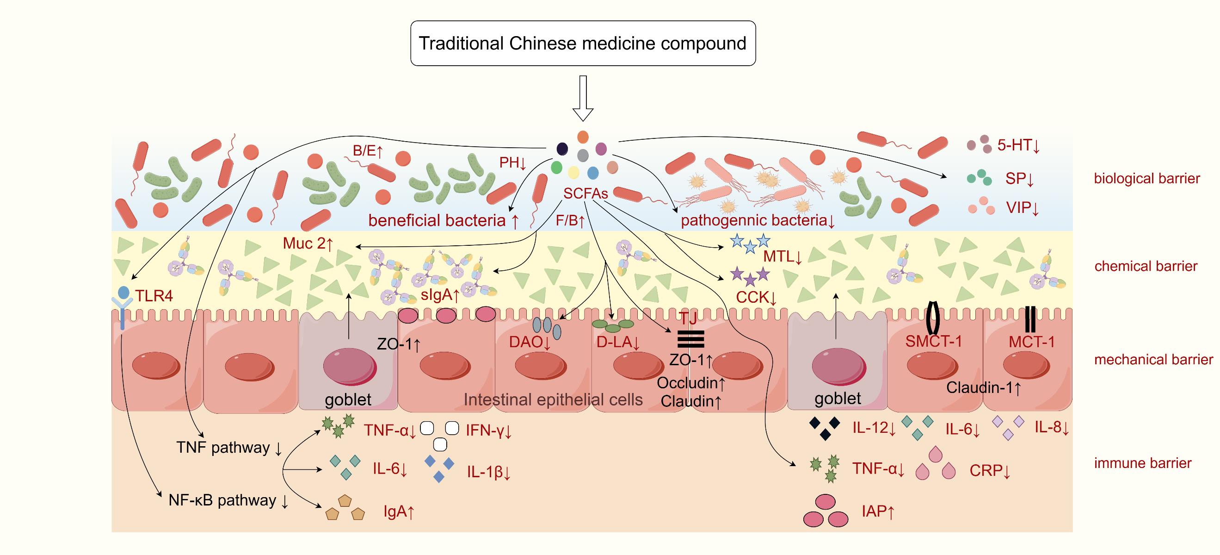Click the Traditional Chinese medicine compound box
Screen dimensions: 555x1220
pos(583,43)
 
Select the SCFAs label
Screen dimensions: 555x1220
pos(585,193)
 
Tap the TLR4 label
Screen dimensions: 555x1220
pos(154,296)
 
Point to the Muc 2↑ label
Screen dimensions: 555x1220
pos(308,243)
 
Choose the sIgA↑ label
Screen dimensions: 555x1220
pos(440,295)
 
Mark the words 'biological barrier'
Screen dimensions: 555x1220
pos(1146,179)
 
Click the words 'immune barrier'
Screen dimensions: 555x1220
pos(1142,463)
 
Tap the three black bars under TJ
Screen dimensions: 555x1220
pos(691,339)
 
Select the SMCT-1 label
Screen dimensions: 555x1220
pos(933,341)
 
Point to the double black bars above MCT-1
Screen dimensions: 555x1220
pos(1029,319)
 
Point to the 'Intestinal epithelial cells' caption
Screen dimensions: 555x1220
pos(553,400)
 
